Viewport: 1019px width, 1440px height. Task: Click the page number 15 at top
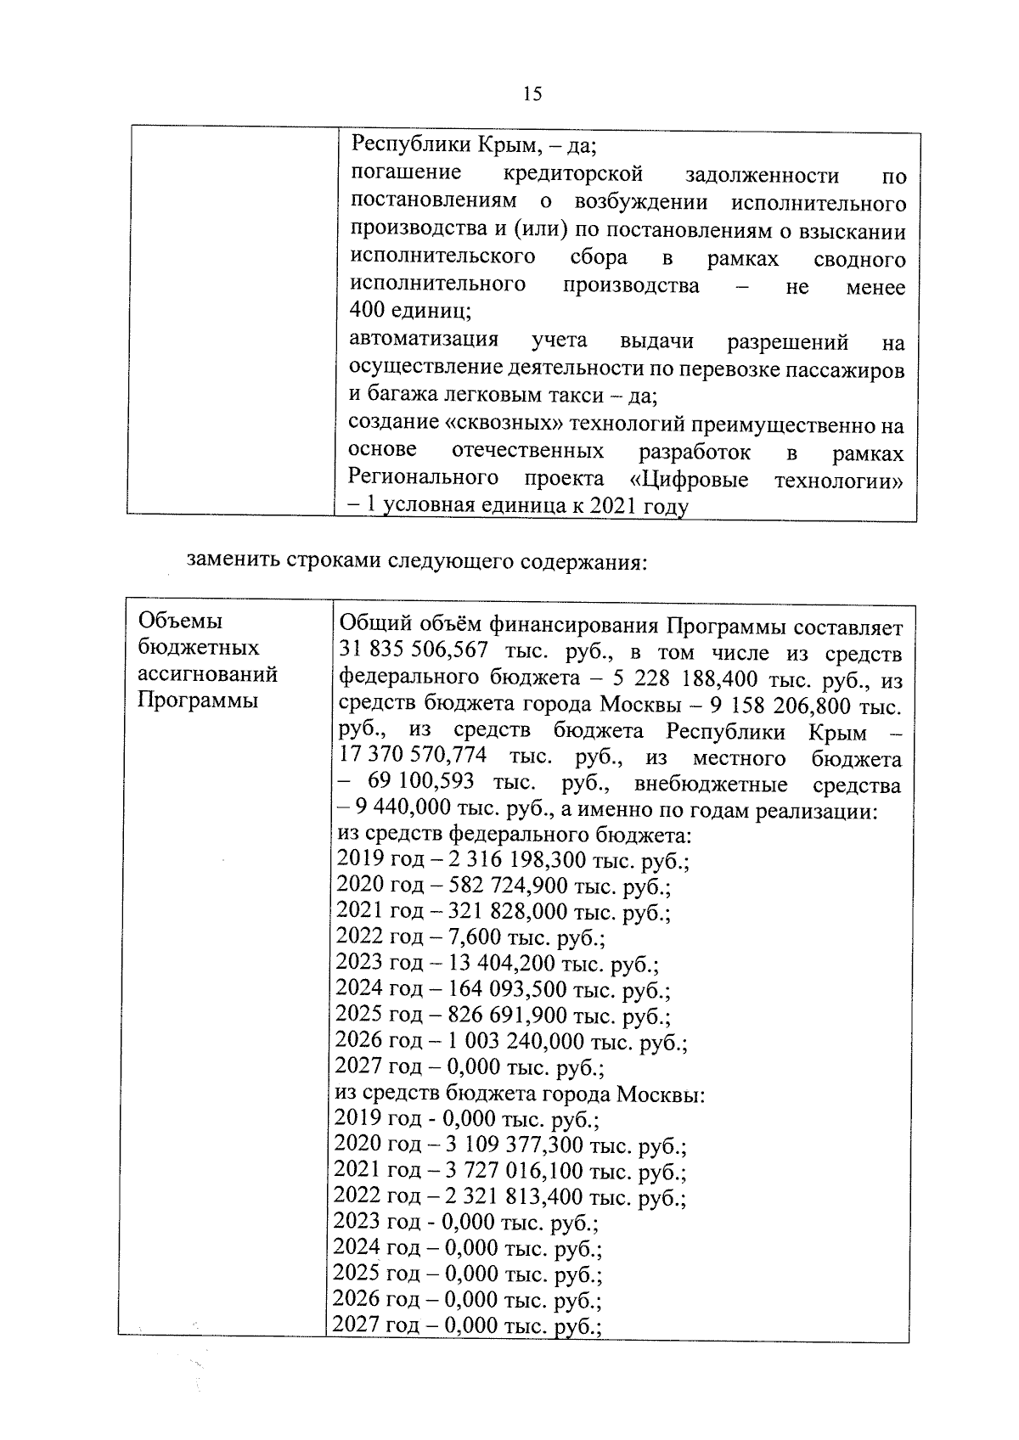point(532,94)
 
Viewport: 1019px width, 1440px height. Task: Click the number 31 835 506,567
point(414,652)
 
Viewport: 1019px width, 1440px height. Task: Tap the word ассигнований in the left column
point(207,675)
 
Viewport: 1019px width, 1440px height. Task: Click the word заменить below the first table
point(234,562)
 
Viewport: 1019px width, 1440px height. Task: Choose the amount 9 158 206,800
point(768,706)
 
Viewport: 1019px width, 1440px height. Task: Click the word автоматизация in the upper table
point(424,340)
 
